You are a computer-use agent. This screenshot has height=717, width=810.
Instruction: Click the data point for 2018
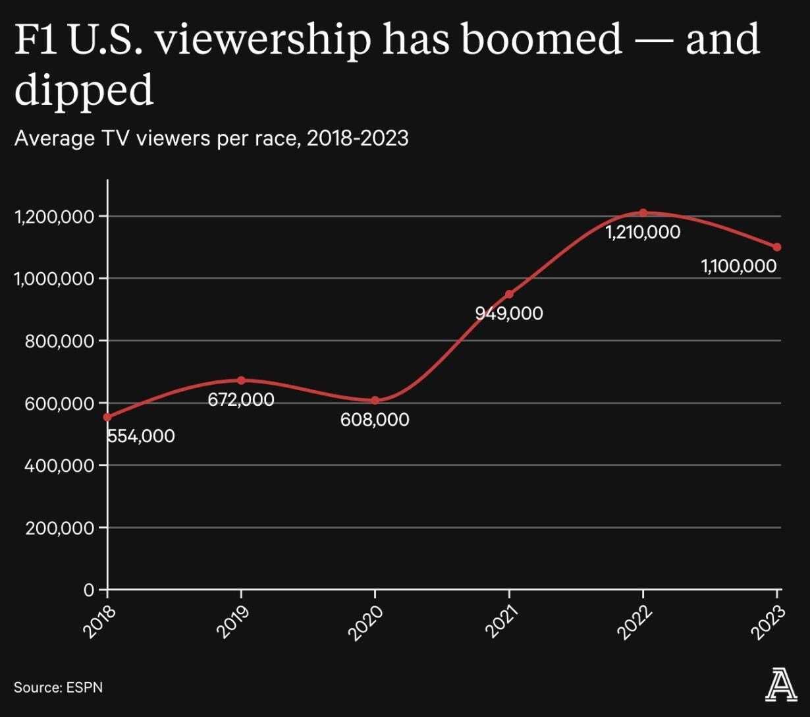click(107, 417)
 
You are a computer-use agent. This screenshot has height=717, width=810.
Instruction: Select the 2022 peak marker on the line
click(643, 212)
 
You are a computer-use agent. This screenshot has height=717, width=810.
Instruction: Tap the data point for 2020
click(375, 400)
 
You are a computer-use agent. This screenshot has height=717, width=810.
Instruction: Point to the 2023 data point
click(777, 247)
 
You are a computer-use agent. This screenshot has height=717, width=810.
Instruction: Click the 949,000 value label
click(509, 313)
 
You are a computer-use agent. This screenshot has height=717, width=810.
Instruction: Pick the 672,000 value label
click(241, 399)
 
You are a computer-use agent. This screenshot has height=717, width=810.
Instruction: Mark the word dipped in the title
click(84, 91)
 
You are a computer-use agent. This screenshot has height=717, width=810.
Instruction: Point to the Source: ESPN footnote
click(58, 687)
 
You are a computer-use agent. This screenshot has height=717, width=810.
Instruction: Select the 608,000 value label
click(375, 419)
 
